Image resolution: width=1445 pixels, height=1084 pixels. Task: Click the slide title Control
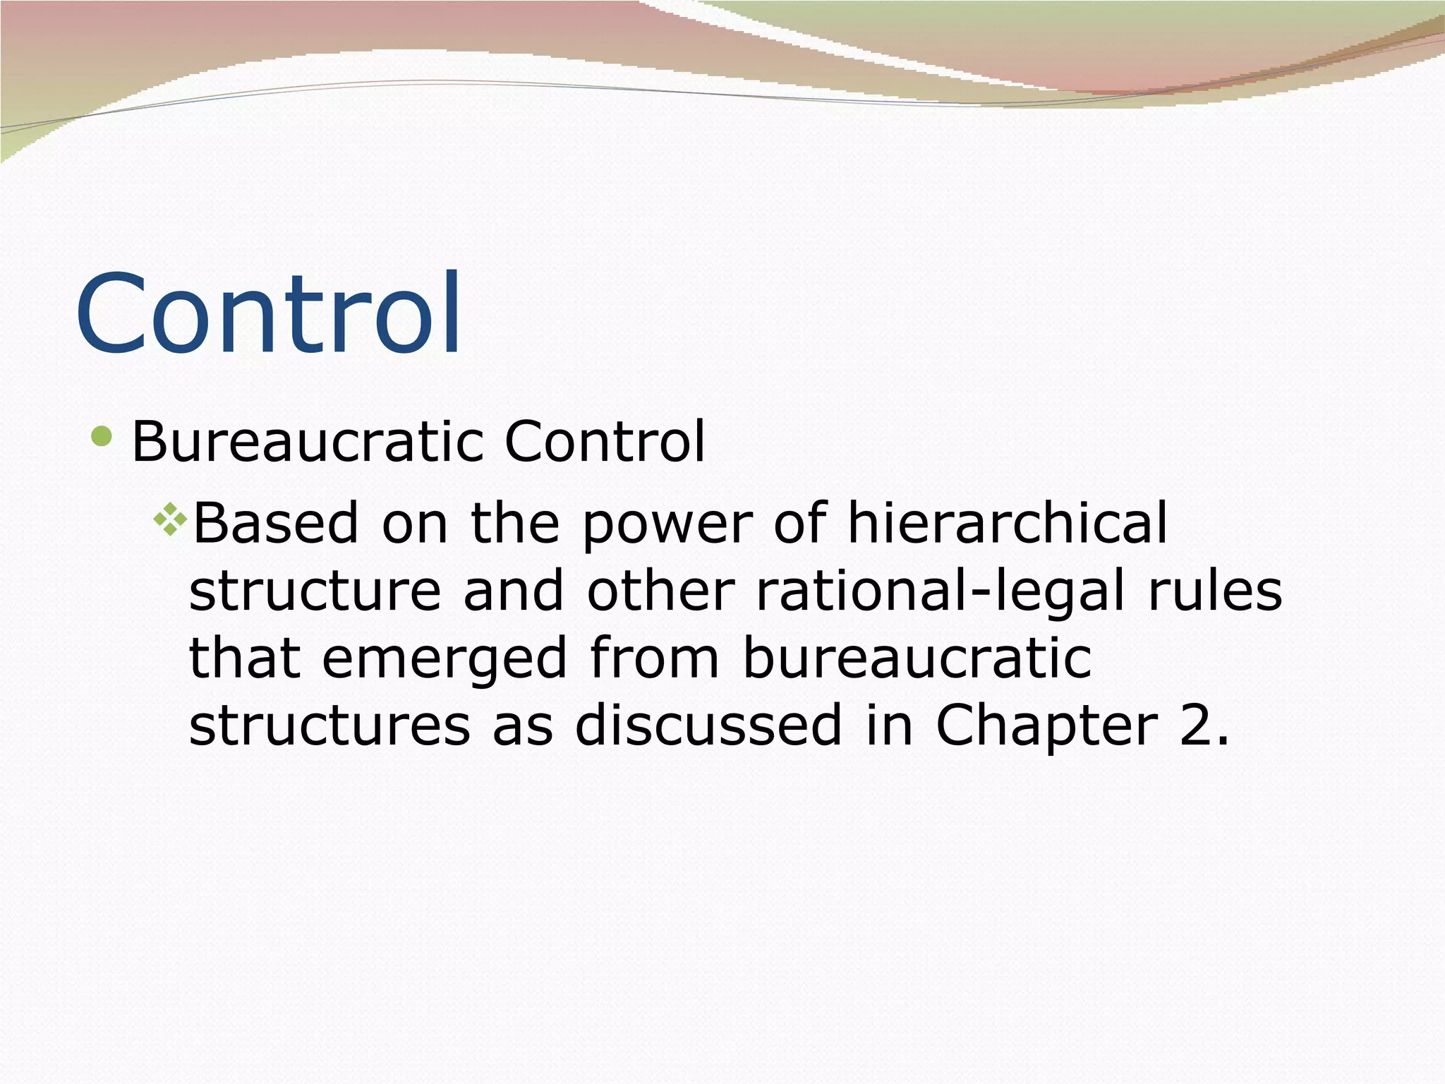(268, 314)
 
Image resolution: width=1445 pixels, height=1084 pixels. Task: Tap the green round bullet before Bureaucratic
(102, 436)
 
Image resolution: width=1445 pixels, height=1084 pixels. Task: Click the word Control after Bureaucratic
(604, 442)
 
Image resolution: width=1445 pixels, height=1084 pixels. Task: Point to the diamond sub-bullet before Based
(170, 521)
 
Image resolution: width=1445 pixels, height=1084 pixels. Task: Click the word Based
(275, 523)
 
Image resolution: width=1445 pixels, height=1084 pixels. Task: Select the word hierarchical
(1008, 523)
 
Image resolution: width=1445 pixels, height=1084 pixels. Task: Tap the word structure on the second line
(315, 591)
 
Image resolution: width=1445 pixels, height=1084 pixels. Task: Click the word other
(660, 591)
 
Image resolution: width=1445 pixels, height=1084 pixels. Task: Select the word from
(653, 658)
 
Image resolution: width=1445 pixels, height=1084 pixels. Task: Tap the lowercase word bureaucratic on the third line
(917, 658)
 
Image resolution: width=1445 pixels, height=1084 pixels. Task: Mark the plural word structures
(329, 726)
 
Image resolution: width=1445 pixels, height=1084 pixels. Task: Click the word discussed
(708, 725)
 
